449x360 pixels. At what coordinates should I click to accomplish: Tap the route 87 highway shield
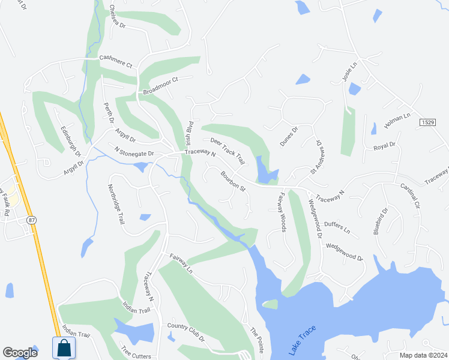click(31, 221)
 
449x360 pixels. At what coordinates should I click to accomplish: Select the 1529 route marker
click(427, 122)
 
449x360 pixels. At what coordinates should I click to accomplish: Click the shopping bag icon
click(63, 347)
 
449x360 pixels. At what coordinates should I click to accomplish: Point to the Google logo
click(20, 353)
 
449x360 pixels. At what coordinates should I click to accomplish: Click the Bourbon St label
click(233, 181)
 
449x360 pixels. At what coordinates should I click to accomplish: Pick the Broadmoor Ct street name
click(161, 86)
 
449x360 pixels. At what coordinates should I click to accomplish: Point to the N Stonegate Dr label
click(131, 151)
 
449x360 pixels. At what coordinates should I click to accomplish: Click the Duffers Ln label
click(337, 226)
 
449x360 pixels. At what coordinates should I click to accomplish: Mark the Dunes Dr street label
click(289, 136)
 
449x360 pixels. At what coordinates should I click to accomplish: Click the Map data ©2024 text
click(423, 355)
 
